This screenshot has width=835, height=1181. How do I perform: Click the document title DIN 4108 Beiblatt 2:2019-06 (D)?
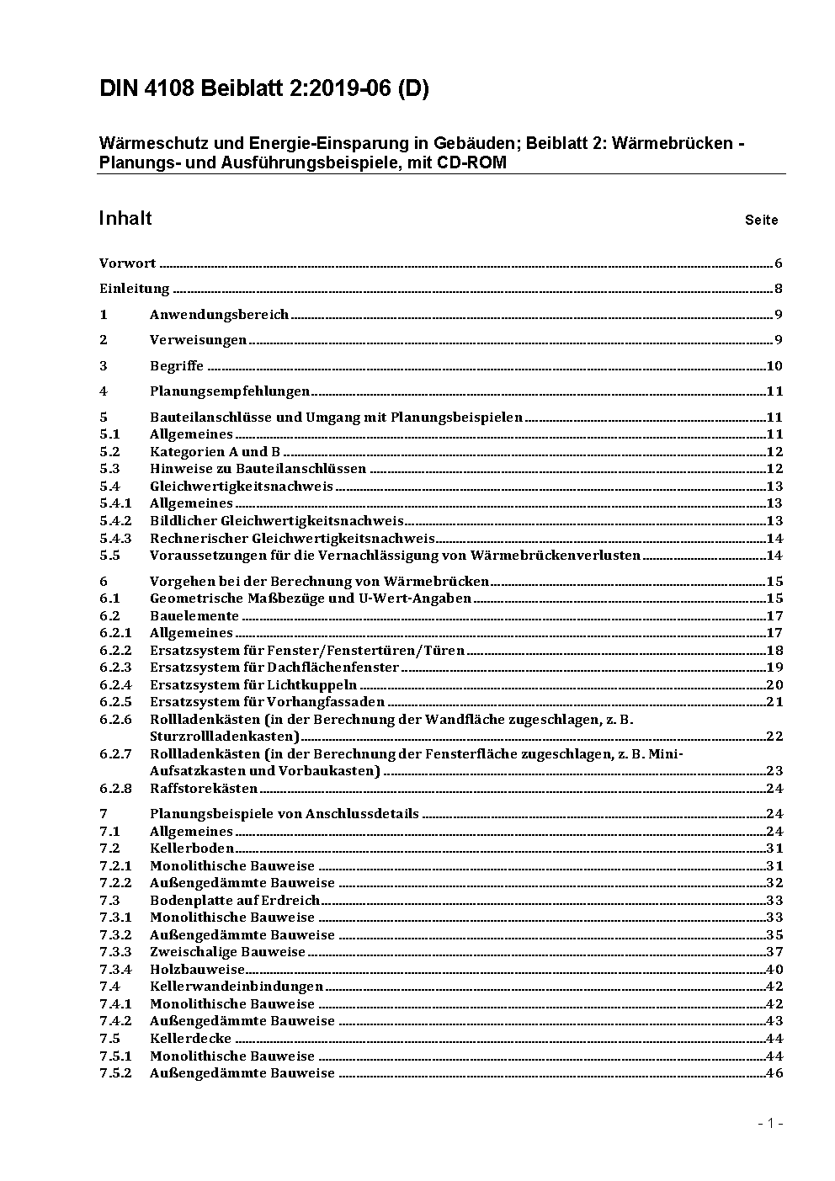coord(263,88)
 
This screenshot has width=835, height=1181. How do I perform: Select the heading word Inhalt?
coord(125,218)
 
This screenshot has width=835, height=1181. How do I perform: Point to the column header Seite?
coord(761,220)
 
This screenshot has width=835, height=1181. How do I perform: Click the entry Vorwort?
coord(127,263)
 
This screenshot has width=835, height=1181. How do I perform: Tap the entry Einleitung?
coord(135,289)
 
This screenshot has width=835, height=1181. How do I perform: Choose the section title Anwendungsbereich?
coord(219,315)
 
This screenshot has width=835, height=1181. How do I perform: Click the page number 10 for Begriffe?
coord(774,366)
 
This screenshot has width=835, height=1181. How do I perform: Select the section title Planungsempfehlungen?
coord(230,391)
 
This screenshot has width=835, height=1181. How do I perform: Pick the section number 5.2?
coord(109,452)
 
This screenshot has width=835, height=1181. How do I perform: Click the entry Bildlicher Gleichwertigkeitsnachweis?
coord(277,521)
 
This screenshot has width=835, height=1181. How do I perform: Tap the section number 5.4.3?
coord(115,539)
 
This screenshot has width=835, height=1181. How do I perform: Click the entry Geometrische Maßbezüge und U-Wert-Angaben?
coord(311,598)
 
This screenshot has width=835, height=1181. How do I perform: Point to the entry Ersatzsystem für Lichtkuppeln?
coord(253,685)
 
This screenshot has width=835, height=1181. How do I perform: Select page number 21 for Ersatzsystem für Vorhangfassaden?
coord(774,702)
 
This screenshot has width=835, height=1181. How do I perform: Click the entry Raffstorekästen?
coord(204,789)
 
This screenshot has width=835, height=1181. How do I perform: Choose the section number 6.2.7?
coord(115,754)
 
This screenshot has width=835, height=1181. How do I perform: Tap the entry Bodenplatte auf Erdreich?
coord(235,901)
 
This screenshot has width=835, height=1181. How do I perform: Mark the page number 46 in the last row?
coord(774,1073)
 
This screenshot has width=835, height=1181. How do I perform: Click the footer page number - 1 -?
coord(769,1123)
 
